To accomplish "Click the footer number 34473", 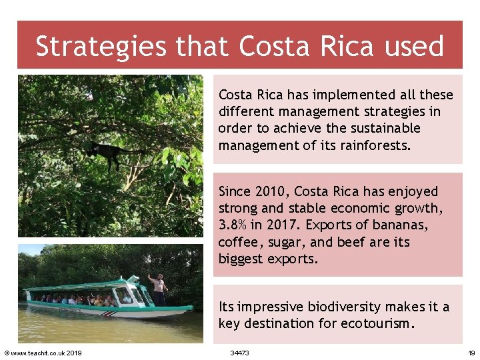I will pyautogui.click(x=239, y=353).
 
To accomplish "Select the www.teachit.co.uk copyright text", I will pyautogui.click(x=43, y=353).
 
